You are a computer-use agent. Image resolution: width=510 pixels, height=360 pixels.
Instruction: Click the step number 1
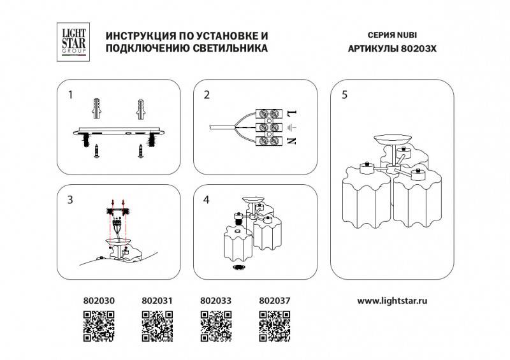click(x=71, y=95)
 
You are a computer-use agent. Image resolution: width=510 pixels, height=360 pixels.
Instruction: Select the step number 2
click(x=207, y=96)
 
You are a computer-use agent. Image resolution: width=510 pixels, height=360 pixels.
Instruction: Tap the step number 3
click(x=71, y=200)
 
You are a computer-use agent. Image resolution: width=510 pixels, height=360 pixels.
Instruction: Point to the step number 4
click(x=207, y=200)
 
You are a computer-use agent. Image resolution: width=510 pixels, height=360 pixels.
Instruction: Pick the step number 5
click(x=344, y=96)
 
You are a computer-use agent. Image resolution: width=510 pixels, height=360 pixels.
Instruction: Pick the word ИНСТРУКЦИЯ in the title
click(x=136, y=36)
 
